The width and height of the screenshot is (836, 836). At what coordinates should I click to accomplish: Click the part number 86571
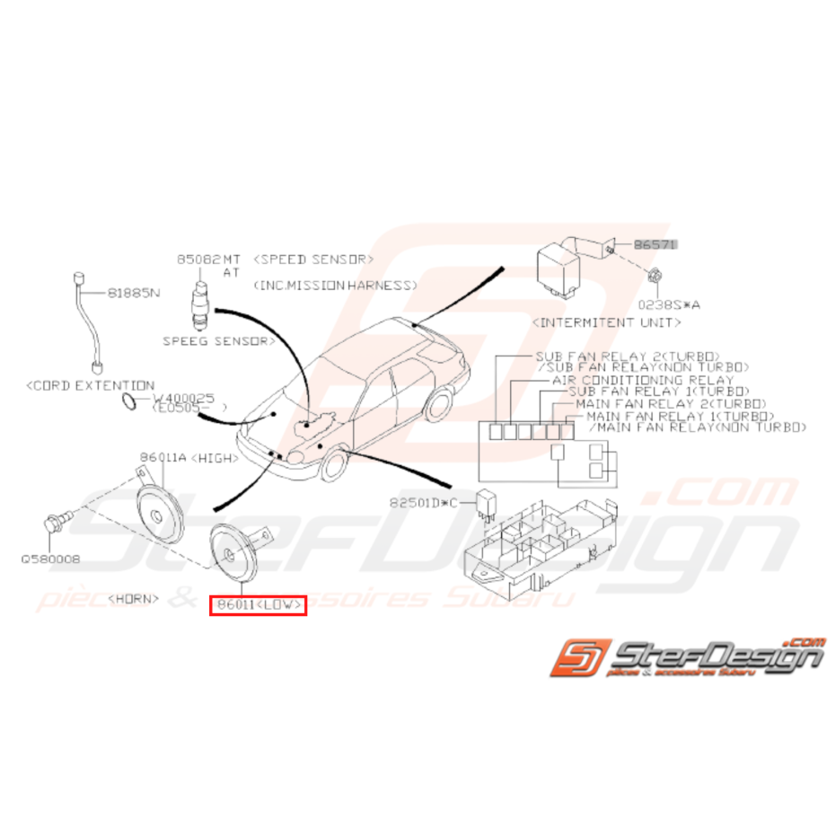pos(656,243)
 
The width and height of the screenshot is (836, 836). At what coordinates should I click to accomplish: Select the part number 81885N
pos(134,293)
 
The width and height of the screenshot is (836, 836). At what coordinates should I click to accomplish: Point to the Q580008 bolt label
pos(51,559)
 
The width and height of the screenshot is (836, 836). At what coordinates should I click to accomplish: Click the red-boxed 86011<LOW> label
pos(258,606)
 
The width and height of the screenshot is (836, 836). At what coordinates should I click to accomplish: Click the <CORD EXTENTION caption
pos(91,384)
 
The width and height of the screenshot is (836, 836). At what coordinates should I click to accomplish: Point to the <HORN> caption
pos(134,597)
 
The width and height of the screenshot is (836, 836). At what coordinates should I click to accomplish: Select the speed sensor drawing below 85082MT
pos(199,303)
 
